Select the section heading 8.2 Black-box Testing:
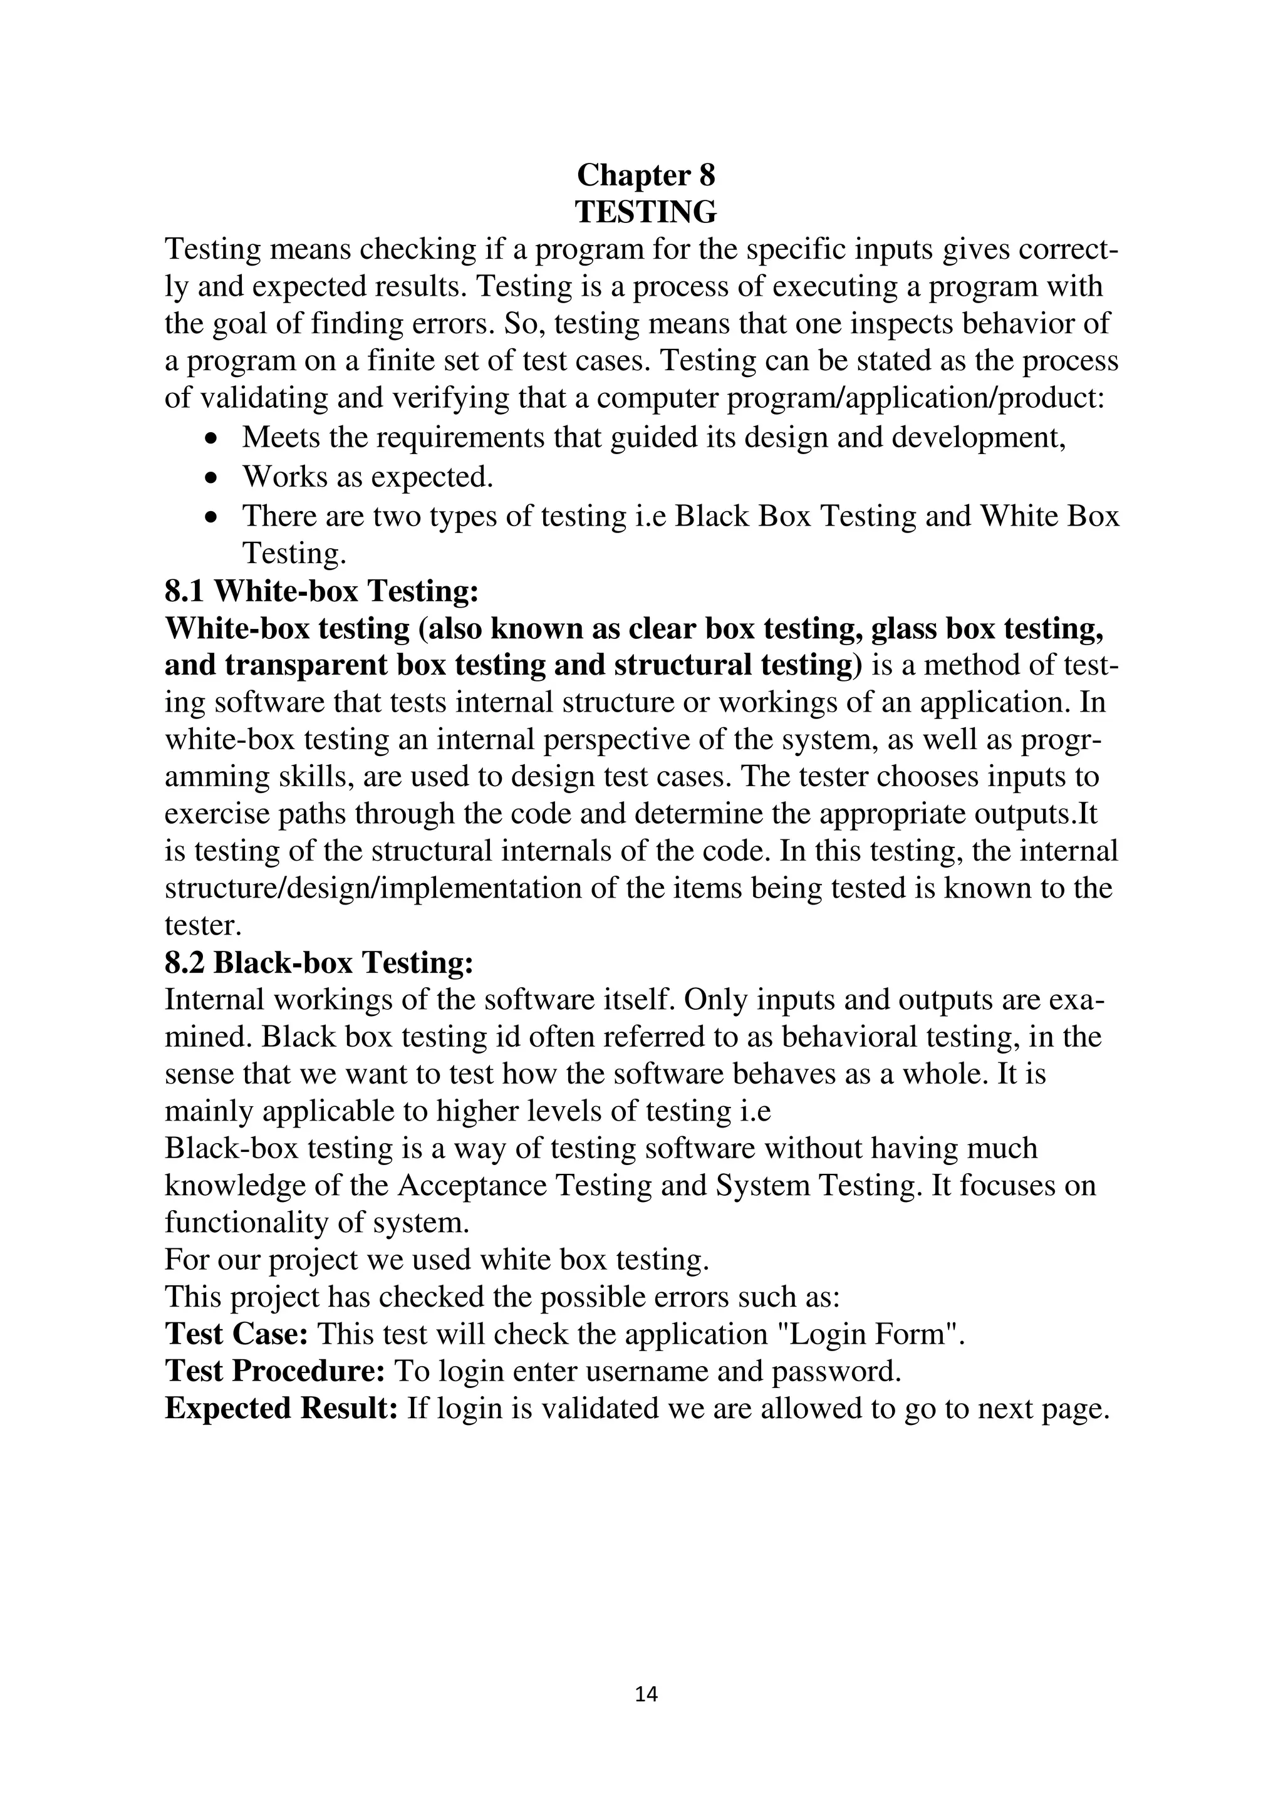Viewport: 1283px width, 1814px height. (319, 962)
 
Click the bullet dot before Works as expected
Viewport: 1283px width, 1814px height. (210, 479)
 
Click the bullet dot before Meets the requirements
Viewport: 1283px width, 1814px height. (210, 438)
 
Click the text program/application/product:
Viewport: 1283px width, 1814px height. (914, 397)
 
